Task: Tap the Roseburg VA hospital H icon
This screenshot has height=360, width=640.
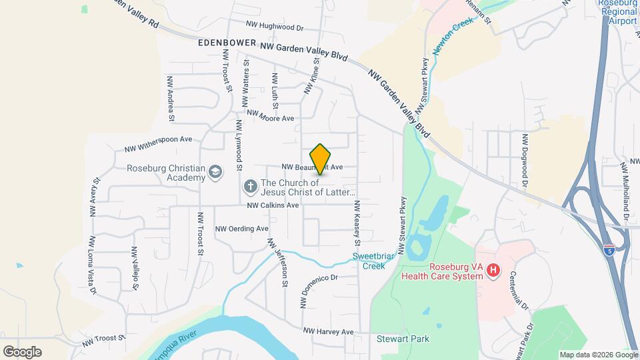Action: pos(493,270)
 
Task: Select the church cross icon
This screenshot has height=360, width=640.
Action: pos(250,185)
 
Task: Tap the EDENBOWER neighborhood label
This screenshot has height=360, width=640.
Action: pos(227,43)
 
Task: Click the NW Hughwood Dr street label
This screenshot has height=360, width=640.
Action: pos(275,27)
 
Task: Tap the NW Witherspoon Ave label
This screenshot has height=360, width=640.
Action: pos(158,141)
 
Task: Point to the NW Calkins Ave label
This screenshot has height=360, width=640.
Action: pos(273,205)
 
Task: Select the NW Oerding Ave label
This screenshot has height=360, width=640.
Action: pos(241,229)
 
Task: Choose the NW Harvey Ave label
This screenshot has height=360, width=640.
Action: pos(328,331)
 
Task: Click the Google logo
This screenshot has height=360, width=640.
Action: pos(22,351)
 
